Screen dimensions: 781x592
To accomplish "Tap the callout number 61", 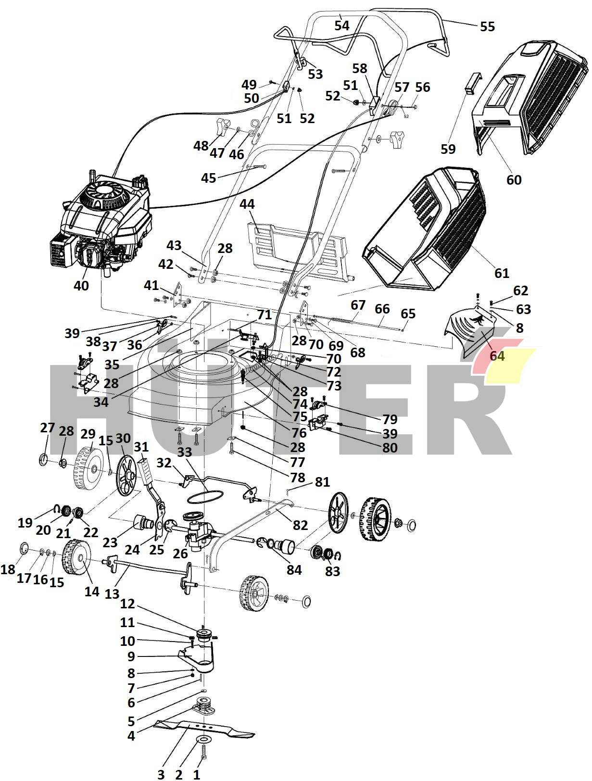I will (502, 273).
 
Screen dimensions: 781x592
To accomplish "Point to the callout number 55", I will (487, 26).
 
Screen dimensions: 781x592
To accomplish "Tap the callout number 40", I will (81, 286).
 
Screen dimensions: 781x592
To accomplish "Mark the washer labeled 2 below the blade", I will (204, 739).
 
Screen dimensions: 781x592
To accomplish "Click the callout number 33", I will (185, 452).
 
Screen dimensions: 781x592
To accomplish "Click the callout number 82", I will (300, 525).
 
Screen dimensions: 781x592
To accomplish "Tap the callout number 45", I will (208, 178).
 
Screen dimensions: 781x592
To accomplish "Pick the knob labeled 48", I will (221, 126).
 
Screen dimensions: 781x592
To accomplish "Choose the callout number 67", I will (358, 305).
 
